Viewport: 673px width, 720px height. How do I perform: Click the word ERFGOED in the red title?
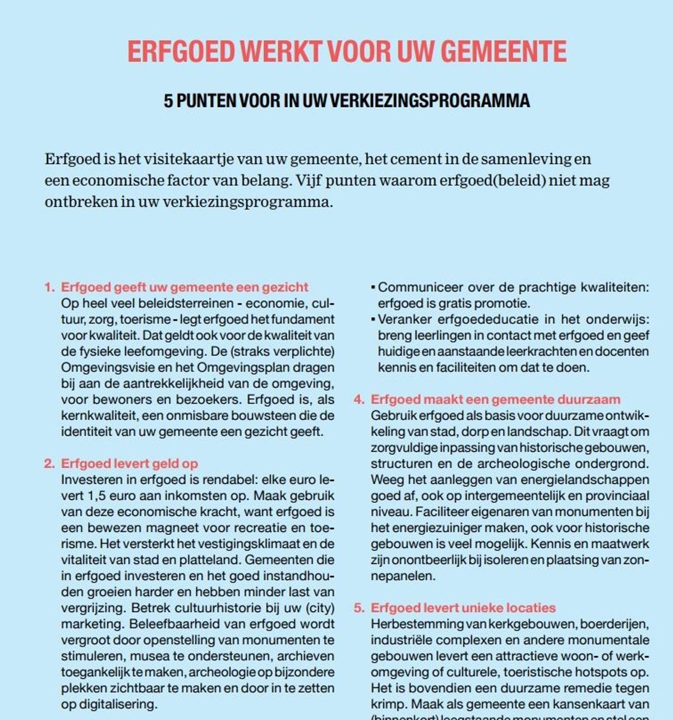pyautogui.click(x=180, y=52)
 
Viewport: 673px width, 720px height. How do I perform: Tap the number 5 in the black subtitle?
pyautogui.click(x=168, y=100)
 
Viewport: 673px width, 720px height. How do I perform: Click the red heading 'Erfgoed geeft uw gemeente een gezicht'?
pyautogui.click(x=185, y=287)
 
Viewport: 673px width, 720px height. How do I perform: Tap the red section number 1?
pyautogui.click(x=49, y=287)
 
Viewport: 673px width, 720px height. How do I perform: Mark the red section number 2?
pyautogui.click(x=49, y=464)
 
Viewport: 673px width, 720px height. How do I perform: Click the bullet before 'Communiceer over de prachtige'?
pyautogui.click(x=372, y=288)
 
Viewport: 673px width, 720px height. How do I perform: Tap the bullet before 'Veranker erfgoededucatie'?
pyautogui.click(x=372, y=320)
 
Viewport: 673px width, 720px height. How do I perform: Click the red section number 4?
pyautogui.click(x=358, y=400)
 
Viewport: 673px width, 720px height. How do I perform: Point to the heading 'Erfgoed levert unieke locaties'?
pyautogui.click(x=463, y=608)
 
